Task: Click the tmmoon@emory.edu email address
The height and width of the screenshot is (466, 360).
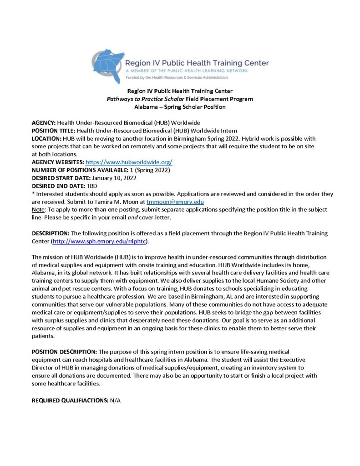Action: pyautogui.click(x=172, y=201)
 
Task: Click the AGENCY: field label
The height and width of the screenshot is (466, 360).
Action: pyautogui.click(x=44, y=123)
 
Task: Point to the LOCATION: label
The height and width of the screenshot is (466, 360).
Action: pyautogui.click(x=46, y=138)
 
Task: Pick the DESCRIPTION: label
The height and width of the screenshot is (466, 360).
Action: pyautogui.click(x=50, y=233)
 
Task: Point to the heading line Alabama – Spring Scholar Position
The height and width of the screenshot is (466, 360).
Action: pyautogui.click(x=180, y=107)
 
